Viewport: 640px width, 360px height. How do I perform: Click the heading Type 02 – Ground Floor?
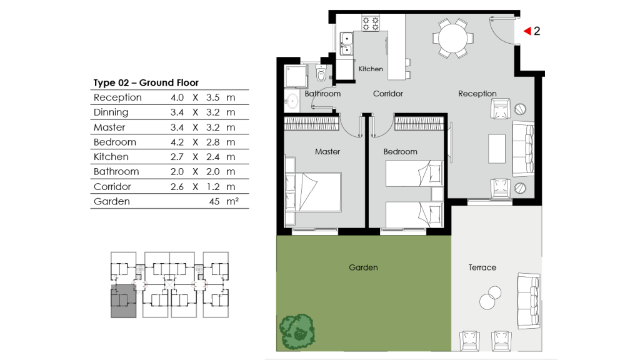click(146, 82)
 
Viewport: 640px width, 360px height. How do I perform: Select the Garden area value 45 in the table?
click(216, 201)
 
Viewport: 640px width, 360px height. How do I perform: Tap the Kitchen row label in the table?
click(111, 157)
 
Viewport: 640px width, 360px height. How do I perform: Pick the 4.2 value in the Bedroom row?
click(177, 142)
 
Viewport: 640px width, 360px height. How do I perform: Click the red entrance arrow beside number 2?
click(527, 31)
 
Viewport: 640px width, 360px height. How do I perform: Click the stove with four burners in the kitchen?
click(371, 24)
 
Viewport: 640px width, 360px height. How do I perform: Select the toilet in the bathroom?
click(321, 74)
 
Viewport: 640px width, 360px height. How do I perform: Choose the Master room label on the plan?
click(327, 152)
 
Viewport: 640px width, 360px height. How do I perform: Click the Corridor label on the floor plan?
click(387, 94)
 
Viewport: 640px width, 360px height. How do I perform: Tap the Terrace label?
click(482, 267)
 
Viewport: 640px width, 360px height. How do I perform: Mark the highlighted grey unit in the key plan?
click(122, 301)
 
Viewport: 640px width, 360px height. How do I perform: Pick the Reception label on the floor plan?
click(477, 94)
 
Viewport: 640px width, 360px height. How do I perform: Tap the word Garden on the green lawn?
click(363, 267)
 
